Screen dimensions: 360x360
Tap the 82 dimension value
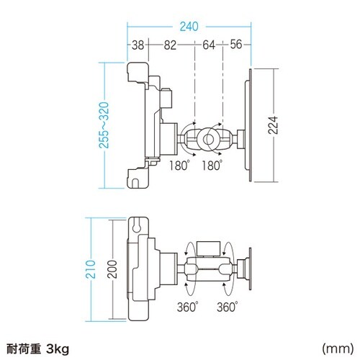(170, 45)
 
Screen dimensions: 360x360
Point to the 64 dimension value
(209, 45)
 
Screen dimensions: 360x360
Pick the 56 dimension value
(236, 45)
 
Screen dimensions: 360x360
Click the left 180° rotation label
(178, 166)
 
